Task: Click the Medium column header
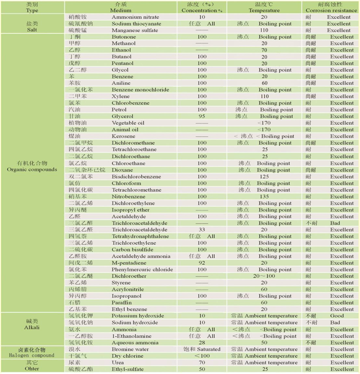click(120, 7)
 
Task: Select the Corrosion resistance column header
click(330, 7)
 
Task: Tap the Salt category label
click(32, 27)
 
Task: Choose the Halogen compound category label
click(32, 352)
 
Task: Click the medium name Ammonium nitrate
click(135, 17)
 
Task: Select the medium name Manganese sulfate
click(136, 30)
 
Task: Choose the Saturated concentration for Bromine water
click(202, 349)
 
